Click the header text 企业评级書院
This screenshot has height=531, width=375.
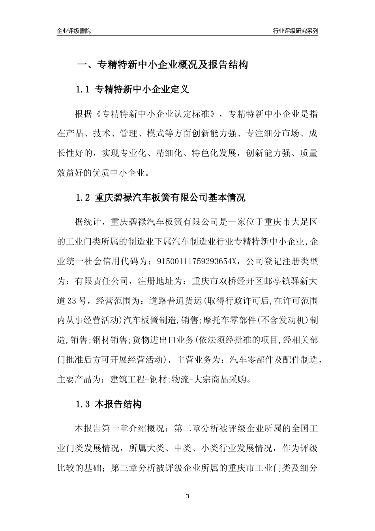pyautogui.click(x=73, y=31)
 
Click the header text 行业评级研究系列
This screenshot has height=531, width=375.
pyautogui.click(x=295, y=31)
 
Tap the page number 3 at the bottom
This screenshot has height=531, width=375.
pyautogui.click(x=187, y=496)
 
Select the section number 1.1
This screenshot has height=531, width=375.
pyautogui.click(x=83, y=90)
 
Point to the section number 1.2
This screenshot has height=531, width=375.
pyautogui.click(x=83, y=198)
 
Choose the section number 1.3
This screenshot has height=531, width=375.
pyautogui.click(x=83, y=404)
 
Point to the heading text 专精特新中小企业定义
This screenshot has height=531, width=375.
pyautogui.click(x=142, y=90)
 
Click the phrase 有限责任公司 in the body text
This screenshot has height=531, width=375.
pyautogui.click(x=102, y=281)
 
